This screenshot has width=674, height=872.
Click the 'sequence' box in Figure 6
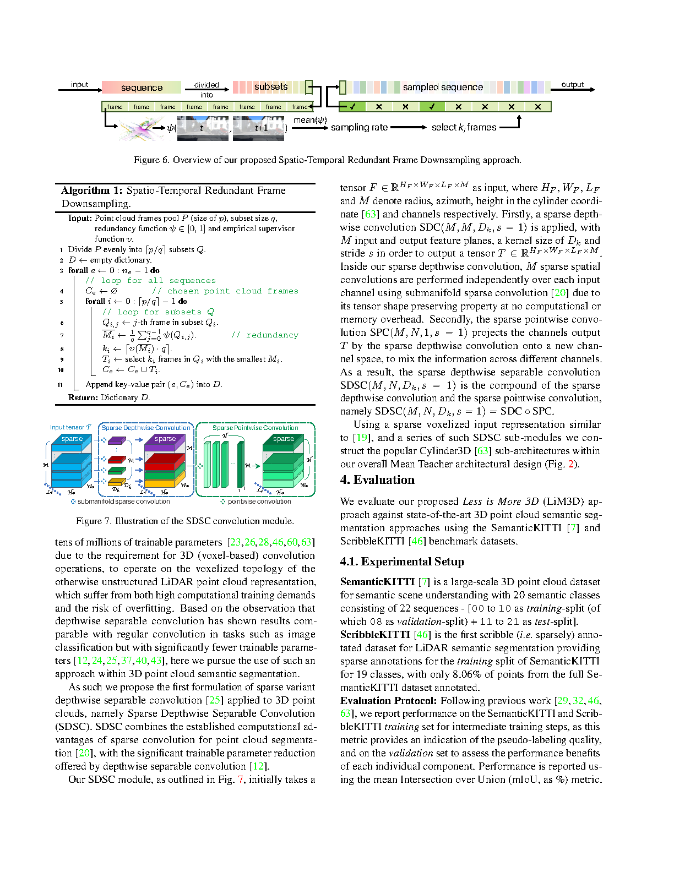142,88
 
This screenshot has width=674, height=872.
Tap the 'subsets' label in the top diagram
271,87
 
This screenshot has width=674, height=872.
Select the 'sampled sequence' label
443,87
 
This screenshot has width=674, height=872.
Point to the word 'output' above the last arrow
573,85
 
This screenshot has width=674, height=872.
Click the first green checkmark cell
352,107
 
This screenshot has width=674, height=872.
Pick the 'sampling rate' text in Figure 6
360,127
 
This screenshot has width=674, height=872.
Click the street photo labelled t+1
259,128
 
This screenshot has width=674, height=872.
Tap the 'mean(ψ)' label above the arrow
310,120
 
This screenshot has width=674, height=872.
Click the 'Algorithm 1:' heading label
92,190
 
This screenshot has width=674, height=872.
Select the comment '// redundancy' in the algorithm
265,335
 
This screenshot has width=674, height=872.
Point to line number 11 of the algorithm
60,385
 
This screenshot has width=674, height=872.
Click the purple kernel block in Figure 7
117,440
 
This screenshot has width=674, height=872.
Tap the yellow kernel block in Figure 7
116,482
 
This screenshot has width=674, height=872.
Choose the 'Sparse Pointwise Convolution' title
256,428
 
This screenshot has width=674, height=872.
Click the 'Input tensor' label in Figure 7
70,427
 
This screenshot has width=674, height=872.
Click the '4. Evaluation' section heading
377,479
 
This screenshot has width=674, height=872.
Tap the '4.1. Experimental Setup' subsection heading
402,562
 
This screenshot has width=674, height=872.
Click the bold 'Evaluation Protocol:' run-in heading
389,701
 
